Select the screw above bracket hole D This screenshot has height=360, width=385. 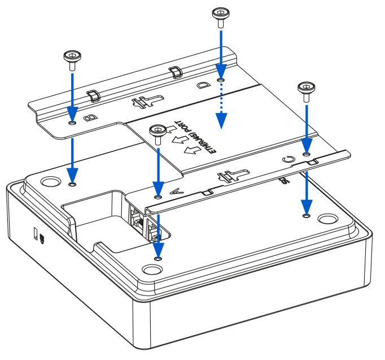[x=220, y=15]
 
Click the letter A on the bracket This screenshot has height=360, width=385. [x=174, y=193]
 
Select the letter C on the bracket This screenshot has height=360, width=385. [x=288, y=160]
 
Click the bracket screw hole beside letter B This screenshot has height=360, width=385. [x=72, y=122]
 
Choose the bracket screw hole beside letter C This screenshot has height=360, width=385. [x=306, y=153]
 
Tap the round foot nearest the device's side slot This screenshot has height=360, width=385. [x=51, y=181]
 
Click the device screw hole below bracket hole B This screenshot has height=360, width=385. [x=72, y=184]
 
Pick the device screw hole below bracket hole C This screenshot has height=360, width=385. [x=306, y=215]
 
